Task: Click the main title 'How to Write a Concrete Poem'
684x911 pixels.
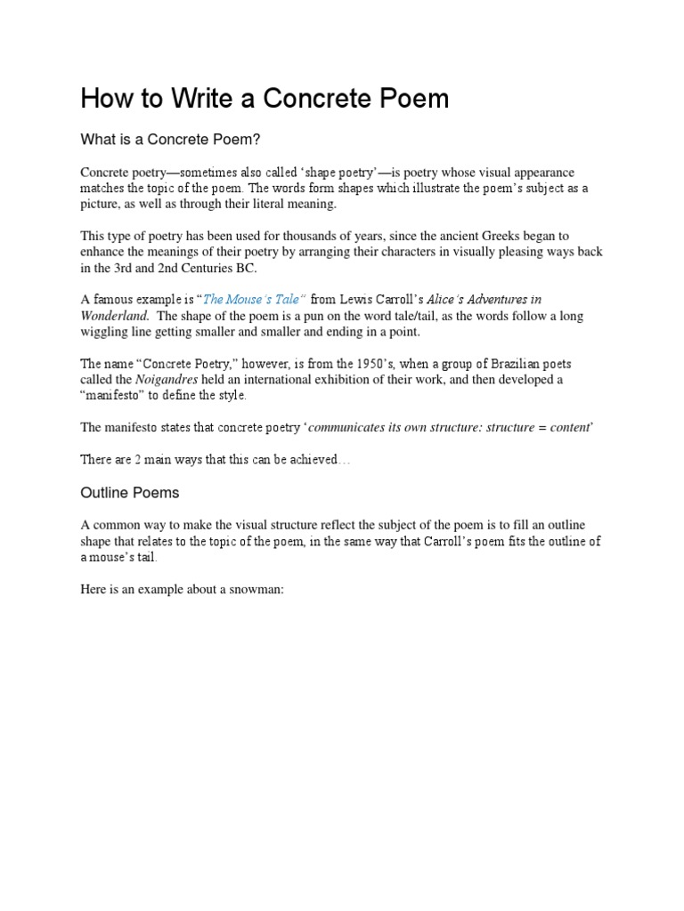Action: (265, 98)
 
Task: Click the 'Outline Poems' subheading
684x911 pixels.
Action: (130, 492)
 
